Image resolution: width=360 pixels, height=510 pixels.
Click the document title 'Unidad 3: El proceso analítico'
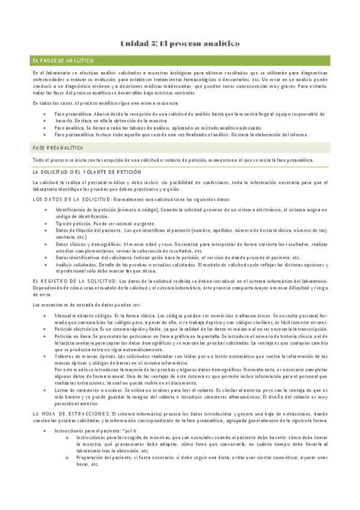[x=180, y=44]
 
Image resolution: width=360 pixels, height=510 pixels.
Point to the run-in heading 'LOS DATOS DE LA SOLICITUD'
[x=72, y=199]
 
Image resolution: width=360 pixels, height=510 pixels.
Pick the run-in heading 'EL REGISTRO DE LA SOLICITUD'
[x=75, y=281]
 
